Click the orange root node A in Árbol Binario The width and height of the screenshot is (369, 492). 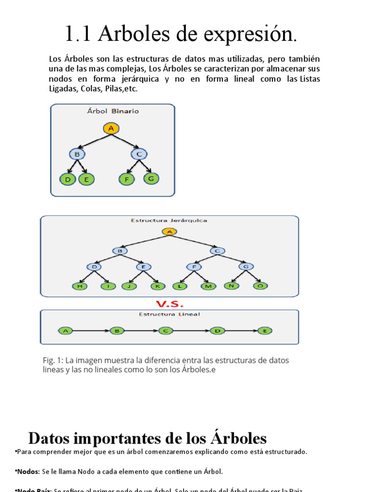tap(111, 128)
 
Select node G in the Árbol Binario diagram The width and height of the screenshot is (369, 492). tap(151, 178)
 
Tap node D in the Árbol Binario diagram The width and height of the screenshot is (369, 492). tap(68, 180)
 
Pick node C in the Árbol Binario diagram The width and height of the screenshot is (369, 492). tap(139, 154)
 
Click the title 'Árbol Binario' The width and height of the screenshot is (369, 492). tap(113, 111)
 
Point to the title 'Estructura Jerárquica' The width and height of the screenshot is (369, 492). tap(169, 221)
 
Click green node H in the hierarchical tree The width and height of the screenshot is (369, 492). tap(80, 286)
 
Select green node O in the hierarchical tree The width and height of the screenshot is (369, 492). tap(260, 285)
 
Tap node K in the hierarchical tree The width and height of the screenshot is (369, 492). tap(158, 286)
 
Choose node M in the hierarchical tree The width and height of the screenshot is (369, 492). tap(208, 286)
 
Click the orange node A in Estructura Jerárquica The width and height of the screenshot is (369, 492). tap(169, 232)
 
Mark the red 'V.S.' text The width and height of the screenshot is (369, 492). tap(169, 304)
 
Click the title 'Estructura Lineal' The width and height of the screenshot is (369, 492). tap(169, 314)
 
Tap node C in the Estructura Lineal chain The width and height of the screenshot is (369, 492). tap(166, 331)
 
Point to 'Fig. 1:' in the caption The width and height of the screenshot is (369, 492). tap(53, 360)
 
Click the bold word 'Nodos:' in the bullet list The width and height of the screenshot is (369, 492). tap(27, 471)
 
